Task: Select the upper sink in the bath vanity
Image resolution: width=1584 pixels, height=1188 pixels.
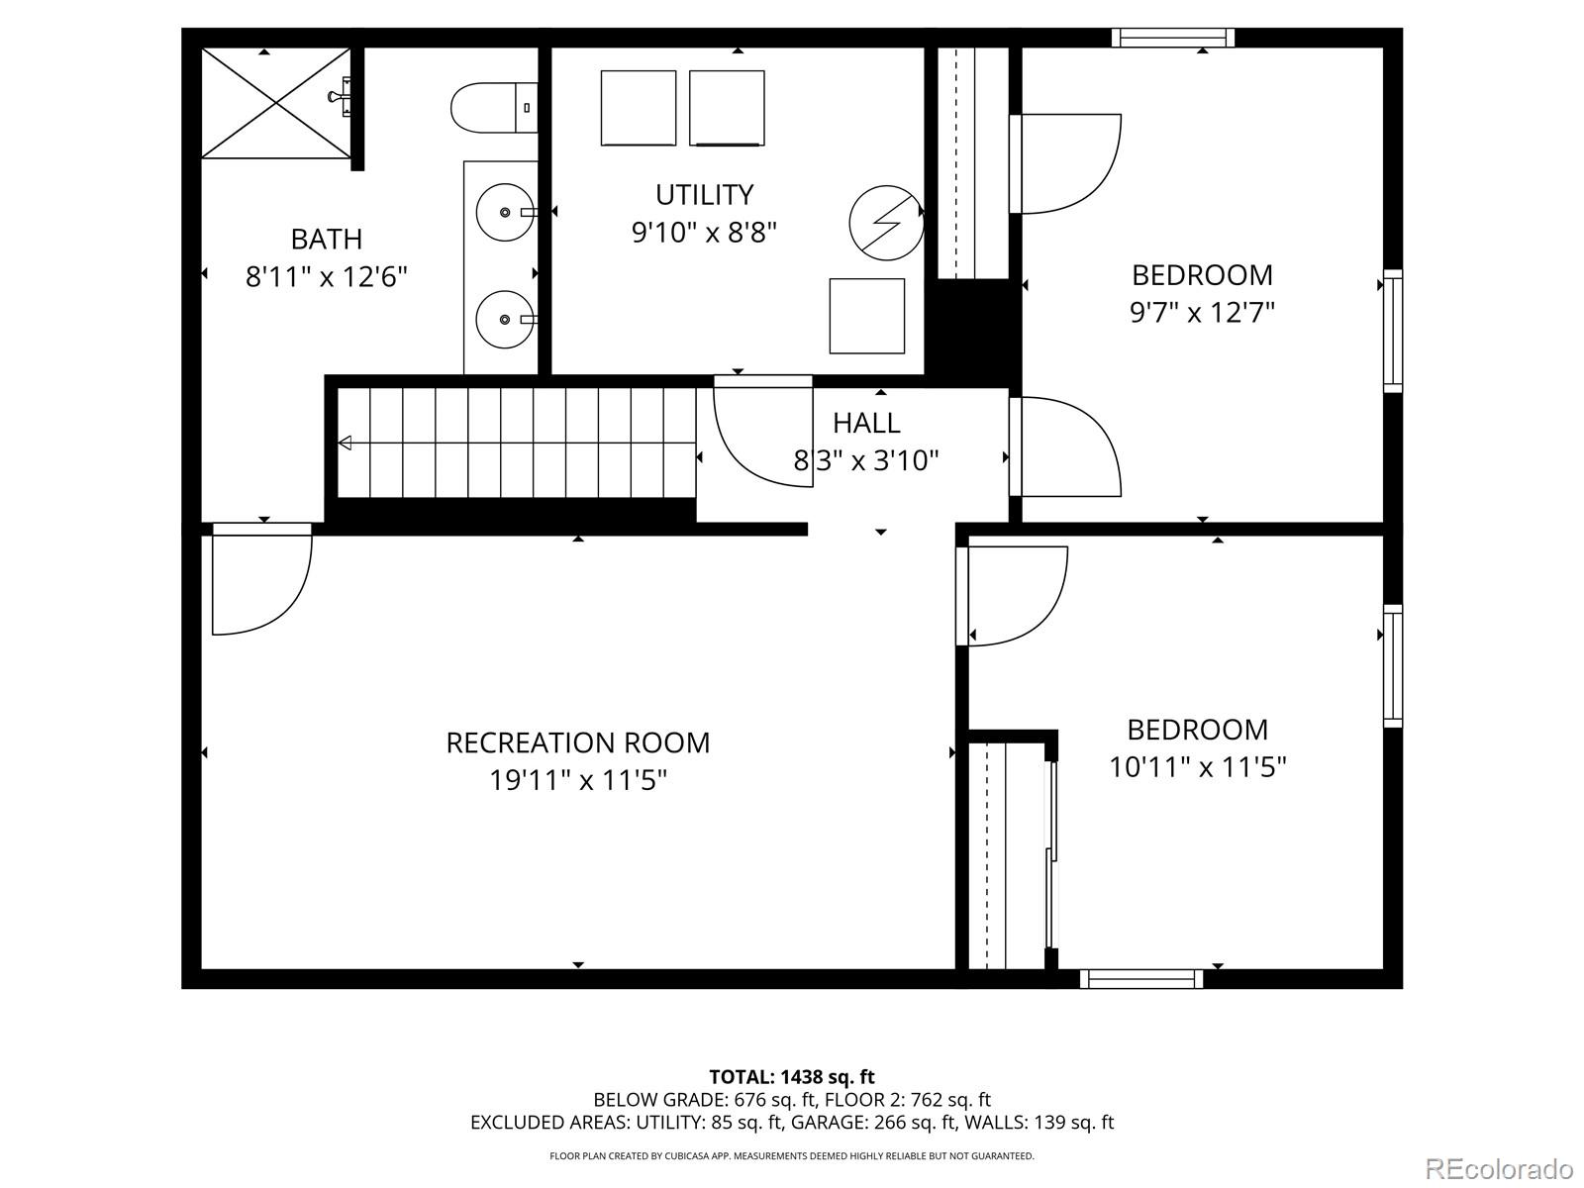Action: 506,212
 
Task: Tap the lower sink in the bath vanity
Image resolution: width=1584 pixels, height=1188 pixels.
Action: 506,319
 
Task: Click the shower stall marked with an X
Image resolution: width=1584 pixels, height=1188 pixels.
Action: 276,102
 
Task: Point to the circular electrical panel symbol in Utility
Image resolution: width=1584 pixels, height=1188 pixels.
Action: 886,223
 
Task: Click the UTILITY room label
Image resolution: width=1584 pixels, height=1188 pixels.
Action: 704,194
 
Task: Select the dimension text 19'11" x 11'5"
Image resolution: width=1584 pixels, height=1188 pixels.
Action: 578,780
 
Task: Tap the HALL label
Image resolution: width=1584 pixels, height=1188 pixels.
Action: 866,423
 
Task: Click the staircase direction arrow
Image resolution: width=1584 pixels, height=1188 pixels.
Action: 345,443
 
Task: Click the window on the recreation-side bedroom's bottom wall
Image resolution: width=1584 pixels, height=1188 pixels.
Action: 1141,979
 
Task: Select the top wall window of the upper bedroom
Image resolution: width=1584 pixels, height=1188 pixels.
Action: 1172,38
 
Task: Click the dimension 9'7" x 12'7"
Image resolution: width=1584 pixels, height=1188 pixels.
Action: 1202,313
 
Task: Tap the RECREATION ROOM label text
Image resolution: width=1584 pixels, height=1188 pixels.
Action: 578,742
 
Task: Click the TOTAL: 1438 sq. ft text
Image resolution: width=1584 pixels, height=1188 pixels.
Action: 792,1076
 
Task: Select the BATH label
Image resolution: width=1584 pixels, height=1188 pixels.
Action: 326,239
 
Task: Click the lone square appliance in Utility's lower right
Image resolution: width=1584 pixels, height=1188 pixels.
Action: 866,316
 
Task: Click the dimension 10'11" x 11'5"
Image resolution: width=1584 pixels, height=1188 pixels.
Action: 1198,767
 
